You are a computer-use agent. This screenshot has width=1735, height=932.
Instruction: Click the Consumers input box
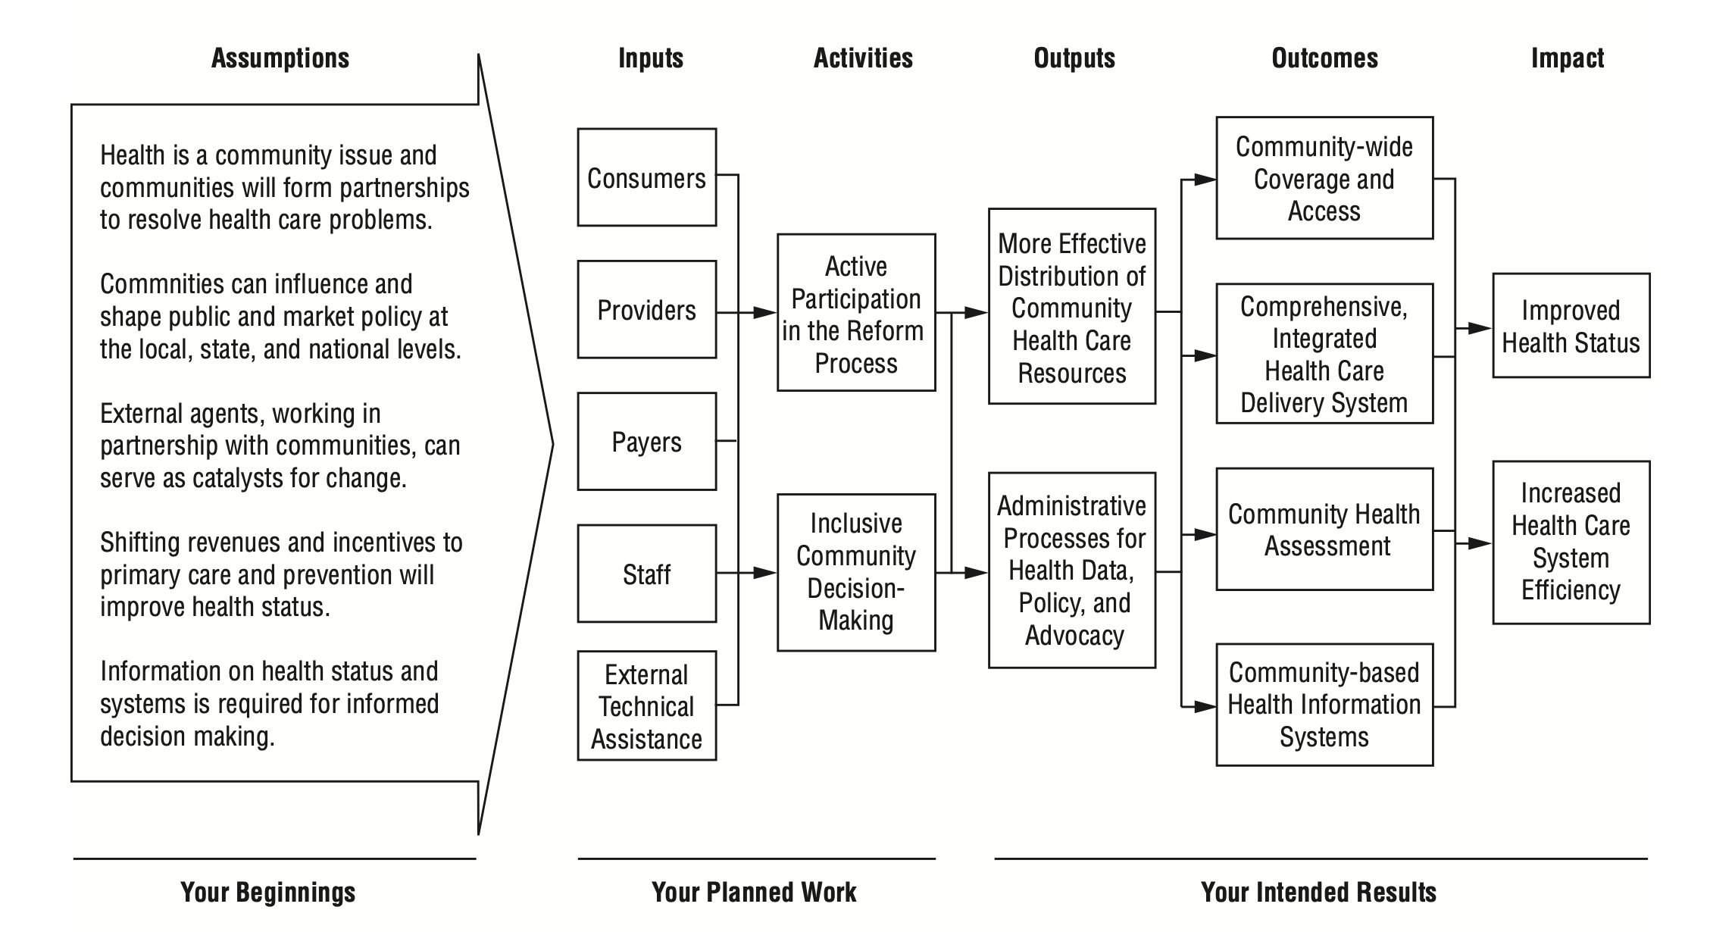pyautogui.click(x=647, y=177)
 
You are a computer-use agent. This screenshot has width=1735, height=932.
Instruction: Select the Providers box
pyautogui.click(x=647, y=309)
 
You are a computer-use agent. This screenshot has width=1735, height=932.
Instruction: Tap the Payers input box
pyautogui.click(x=647, y=441)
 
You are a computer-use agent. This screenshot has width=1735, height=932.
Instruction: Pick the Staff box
pyautogui.click(x=647, y=574)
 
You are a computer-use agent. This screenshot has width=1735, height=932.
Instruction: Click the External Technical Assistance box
pyautogui.click(x=647, y=705)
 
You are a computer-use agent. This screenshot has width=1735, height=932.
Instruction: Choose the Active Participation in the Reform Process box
pyautogui.click(x=856, y=312)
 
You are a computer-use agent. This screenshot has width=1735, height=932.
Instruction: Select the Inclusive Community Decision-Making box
pyautogui.click(x=856, y=573)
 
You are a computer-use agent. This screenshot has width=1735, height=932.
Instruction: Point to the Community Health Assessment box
pyautogui.click(x=1324, y=529)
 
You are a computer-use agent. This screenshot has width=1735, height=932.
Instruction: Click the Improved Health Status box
pyautogui.click(x=1571, y=326)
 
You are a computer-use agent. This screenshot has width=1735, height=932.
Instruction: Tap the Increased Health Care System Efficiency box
pyautogui.click(x=1571, y=543)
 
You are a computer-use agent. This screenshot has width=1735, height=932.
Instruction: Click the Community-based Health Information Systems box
pyautogui.click(x=1324, y=705)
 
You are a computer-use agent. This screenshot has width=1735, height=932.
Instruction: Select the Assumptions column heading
pyautogui.click(x=280, y=58)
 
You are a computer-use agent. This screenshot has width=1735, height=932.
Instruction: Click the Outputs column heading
pyautogui.click(x=1074, y=58)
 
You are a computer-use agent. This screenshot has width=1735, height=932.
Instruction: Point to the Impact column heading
pyautogui.click(x=1568, y=58)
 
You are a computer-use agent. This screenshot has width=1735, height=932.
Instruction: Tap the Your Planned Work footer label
pyautogui.click(x=754, y=892)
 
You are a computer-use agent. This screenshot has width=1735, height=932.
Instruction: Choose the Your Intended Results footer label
pyautogui.click(x=1318, y=892)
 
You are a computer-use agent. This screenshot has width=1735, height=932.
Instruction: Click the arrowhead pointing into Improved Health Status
pyautogui.click(x=1480, y=328)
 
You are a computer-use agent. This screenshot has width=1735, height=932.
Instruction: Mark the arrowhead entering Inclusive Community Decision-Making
pyautogui.click(x=765, y=574)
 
